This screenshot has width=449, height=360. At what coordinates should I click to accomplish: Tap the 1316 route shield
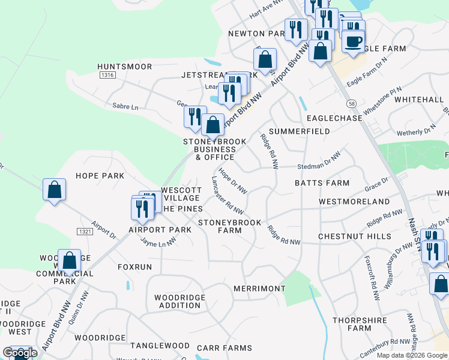point(108,75)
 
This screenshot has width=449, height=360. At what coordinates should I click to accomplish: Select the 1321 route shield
point(84,231)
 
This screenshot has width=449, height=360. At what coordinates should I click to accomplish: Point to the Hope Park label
point(100,176)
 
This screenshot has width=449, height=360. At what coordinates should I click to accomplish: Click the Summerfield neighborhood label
point(300,131)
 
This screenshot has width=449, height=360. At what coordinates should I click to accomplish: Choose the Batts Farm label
point(322,182)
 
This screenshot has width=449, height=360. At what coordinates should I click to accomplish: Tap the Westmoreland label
point(354,202)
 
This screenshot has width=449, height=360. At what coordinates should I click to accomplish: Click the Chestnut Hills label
point(355,236)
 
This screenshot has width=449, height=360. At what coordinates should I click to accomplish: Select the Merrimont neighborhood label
point(259,289)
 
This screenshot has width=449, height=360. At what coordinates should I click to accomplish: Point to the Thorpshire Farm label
point(360,324)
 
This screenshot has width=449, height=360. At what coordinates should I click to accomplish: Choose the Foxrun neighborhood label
point(135,266)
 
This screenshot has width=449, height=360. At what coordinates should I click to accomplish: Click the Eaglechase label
point(334,118)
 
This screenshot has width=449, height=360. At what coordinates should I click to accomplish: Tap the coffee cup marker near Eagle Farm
point(353,41)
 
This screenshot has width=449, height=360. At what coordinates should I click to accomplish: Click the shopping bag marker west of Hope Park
point(54,190)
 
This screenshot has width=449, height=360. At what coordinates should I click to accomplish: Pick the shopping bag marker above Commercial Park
point(70,260)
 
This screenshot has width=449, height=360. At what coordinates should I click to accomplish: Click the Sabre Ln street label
point(125,107)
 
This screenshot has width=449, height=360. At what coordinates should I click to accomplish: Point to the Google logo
point(20,353)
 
